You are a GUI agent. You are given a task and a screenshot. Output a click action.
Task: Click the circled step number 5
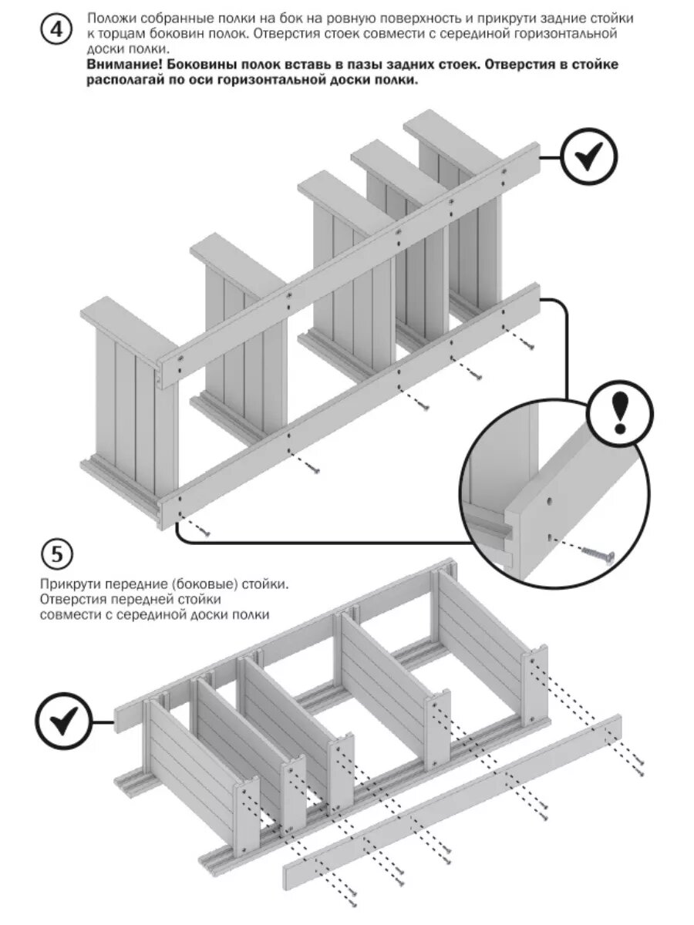coord(57,554)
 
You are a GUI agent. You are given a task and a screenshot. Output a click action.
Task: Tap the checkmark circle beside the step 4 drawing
coord(589,157)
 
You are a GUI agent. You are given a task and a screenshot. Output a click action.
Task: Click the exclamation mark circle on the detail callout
coord(621,415)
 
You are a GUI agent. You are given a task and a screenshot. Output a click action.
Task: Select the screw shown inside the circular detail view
coord(597,553)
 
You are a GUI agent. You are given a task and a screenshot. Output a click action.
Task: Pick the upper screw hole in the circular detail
coord(548,502)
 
